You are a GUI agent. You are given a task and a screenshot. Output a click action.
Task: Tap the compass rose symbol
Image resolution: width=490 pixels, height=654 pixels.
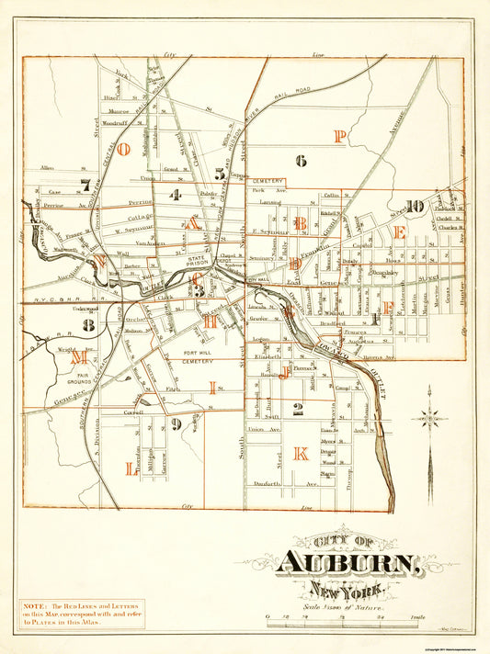click(429, 418)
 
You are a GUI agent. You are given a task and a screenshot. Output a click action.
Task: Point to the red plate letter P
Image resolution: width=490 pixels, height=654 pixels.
click(339, 137)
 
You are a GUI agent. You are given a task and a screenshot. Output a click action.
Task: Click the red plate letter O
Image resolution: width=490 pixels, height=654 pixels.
click(122, 148)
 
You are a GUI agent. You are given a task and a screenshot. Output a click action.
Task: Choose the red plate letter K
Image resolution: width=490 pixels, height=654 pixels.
click(300, 453)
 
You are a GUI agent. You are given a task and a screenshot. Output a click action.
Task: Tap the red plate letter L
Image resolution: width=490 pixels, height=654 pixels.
click(130, 468)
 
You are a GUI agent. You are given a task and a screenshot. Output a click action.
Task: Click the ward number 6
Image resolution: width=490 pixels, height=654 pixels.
click(300, 160)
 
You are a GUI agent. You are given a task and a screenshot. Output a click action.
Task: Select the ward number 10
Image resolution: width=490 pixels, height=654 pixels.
click(415, 207)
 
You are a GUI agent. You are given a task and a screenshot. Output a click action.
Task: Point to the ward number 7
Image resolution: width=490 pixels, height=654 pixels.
click(85, 185)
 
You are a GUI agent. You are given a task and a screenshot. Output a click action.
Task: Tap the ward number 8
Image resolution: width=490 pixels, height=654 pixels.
click(88, 324)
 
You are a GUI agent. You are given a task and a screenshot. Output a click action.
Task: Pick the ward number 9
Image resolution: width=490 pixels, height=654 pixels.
click(175, 423)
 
